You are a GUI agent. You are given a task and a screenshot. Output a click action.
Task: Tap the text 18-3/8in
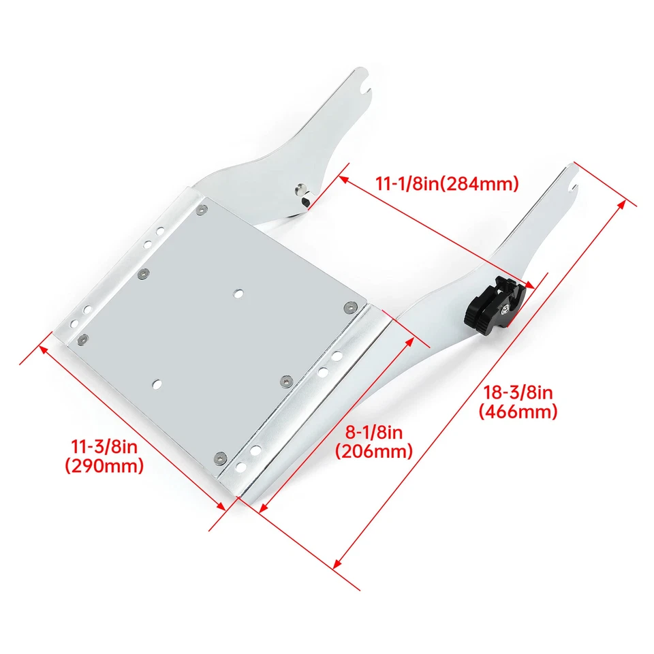point(518,392)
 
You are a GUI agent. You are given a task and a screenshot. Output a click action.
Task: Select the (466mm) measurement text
point(518,411)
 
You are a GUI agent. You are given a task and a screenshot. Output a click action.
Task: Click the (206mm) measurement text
point(373,451)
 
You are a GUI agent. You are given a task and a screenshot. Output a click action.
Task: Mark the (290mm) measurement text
point(104,466)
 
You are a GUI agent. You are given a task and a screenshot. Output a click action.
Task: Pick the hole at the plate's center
point(238,293)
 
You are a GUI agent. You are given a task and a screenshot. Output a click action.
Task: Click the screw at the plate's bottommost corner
point(219,456)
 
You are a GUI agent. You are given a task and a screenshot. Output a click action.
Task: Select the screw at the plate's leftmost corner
point(82,339)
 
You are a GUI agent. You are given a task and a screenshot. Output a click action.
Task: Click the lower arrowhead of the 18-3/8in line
point(336,564)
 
